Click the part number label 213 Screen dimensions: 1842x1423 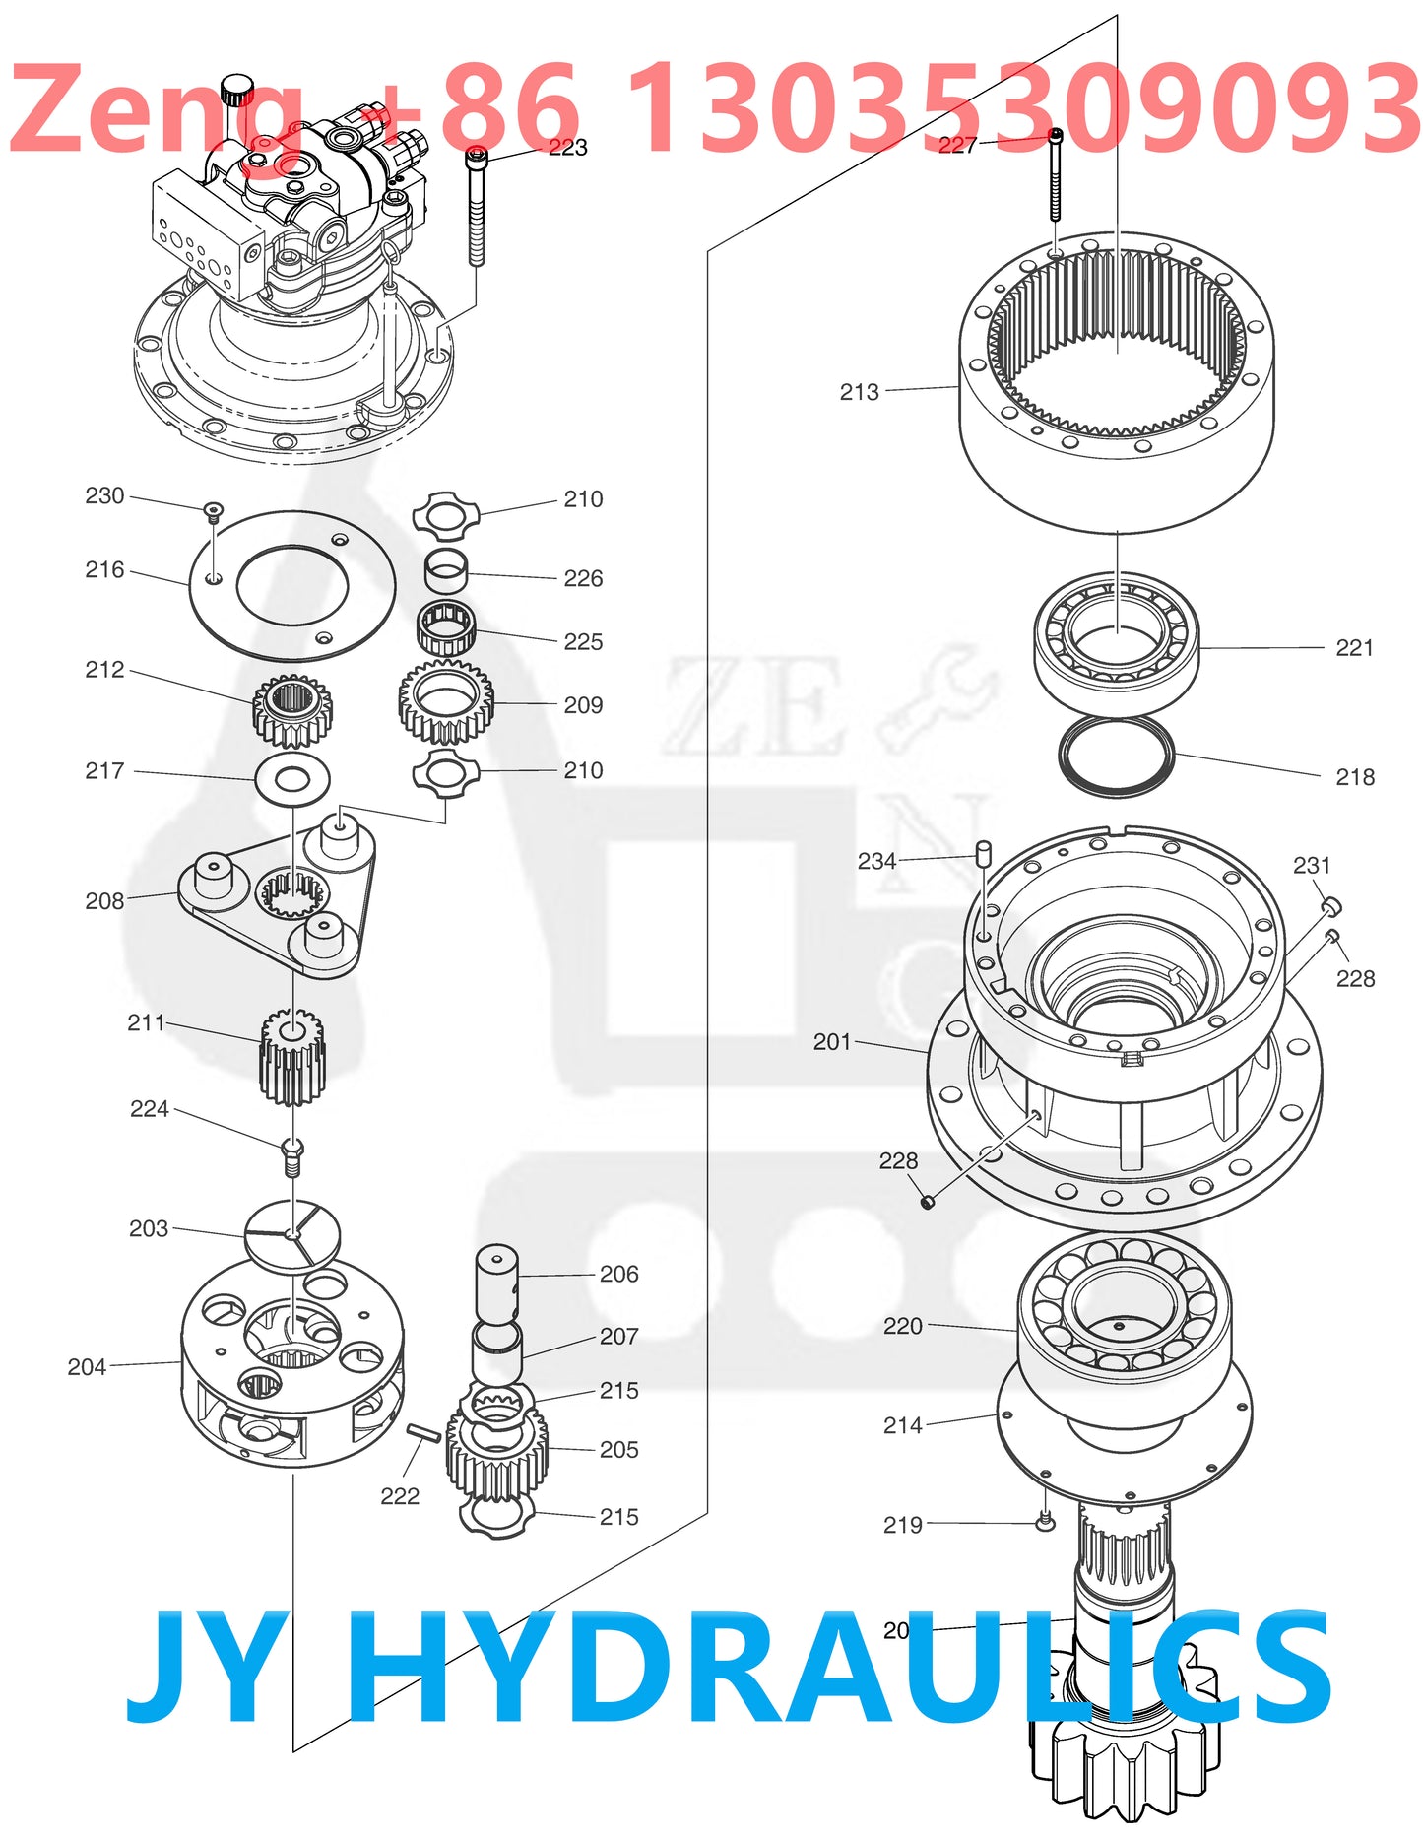[859, 392]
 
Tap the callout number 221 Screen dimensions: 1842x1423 [1354, 648]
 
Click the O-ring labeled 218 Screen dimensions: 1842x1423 [1117, 756]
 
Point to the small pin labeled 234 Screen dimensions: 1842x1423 [982, 853]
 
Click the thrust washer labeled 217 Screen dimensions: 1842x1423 [291, 780]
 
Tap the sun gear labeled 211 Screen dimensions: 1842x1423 [292, 1059]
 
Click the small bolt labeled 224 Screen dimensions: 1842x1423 [292, 1156]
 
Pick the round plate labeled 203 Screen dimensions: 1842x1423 [292, 1232]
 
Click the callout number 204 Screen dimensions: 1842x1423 [87, 1367]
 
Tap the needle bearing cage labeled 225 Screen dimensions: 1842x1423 [446, 628]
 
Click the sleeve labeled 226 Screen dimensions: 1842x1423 [446, 572]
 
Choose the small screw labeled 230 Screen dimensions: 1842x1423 [213, 510]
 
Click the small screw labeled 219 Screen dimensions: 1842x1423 [1046, 1523]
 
